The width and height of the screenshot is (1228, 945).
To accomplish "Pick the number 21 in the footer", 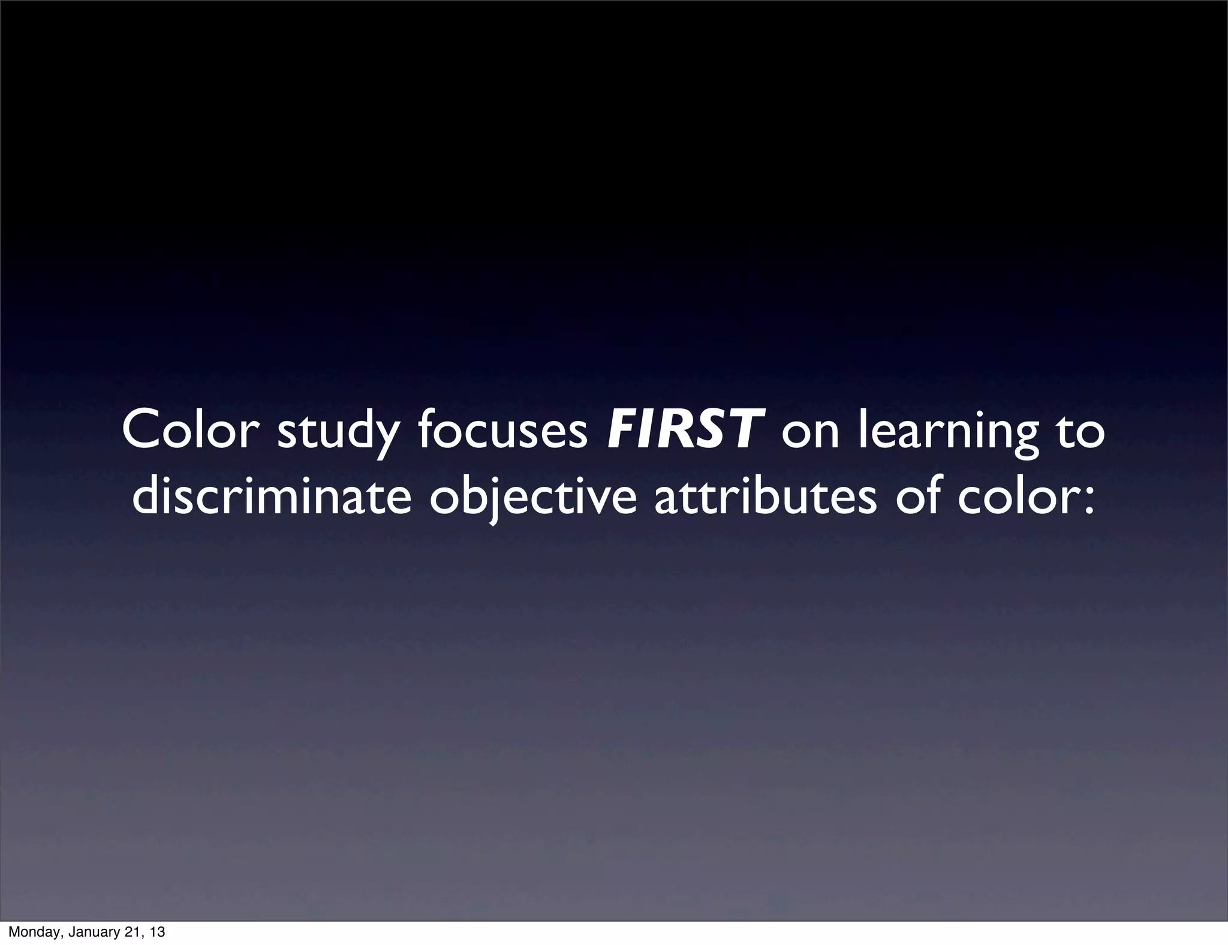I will click(x=134, y=932).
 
